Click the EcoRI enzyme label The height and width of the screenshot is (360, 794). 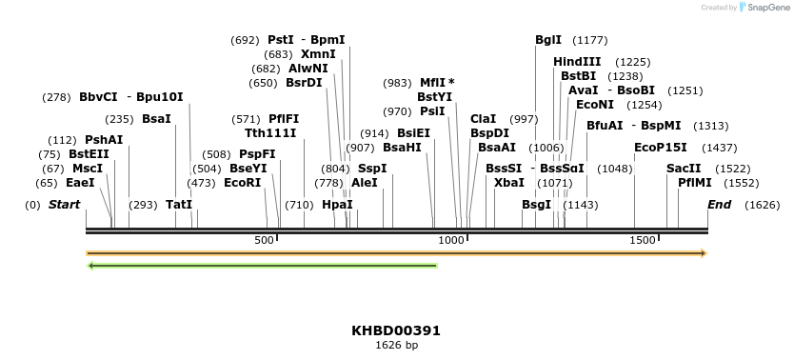coord(242,182)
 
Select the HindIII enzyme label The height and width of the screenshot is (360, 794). coord(577,62)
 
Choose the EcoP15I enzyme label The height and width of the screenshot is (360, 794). coord(661,148)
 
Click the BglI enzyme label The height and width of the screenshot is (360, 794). coord(548,40)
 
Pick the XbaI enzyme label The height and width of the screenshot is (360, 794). coord(509,182)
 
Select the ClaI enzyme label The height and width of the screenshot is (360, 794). coord(483,119)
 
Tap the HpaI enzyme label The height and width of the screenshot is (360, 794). coord(337,205)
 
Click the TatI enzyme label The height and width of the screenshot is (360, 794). coord(179,205)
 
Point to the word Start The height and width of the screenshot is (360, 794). coord(64,205)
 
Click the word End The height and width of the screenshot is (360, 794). coord(720,205)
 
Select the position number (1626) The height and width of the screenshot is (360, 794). coord(762,205)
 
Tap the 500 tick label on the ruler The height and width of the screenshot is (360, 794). coord(264,240)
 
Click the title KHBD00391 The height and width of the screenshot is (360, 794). coord(396,330)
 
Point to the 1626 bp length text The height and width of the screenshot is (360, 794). coord(396,345)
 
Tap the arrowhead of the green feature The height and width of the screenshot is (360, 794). coord(90,266)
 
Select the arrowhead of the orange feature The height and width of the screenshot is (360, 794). coord(704,253)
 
